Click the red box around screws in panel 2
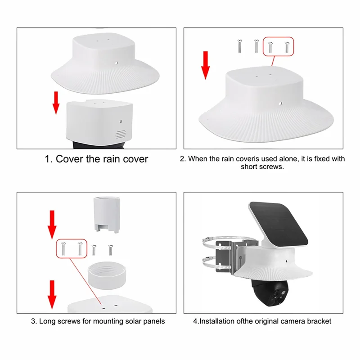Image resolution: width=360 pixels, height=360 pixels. [x=278, y=46]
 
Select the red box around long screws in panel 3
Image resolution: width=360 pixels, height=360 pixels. [x=71, y=248]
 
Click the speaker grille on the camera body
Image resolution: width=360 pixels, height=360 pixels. [x=119, y=134]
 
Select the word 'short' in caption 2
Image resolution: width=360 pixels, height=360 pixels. [x=254, y=166]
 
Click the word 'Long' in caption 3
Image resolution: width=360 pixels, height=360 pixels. [x=48, y=321]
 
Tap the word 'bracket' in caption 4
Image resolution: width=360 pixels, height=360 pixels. [x=318, y=321]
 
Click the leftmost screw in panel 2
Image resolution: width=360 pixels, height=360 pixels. [x=239, y=46]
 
